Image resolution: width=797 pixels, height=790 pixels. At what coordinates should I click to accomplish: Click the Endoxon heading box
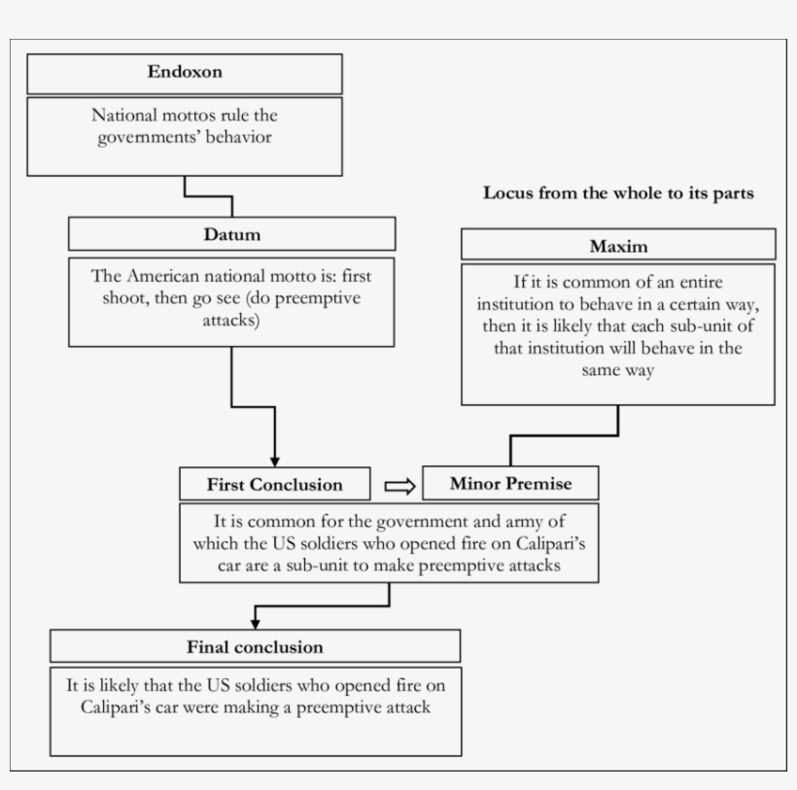[185, 73]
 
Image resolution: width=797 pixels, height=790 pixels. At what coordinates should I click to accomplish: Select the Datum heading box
[231, 234]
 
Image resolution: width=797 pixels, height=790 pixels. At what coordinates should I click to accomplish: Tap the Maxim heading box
[618, 246]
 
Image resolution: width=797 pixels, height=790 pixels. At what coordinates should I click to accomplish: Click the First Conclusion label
[274, 484]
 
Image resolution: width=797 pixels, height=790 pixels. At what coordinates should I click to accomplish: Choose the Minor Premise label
[510, 483]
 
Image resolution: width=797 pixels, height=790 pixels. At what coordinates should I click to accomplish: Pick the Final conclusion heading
[255, 646]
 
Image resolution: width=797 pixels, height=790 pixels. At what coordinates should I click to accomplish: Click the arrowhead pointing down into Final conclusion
[256, 622]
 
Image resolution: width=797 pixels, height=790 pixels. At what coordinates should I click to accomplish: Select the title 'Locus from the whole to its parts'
[618, 192]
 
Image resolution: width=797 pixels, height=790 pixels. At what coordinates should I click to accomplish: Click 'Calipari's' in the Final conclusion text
[121, 706]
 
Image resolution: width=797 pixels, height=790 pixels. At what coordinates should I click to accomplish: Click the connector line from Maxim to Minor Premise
[564, 435]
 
